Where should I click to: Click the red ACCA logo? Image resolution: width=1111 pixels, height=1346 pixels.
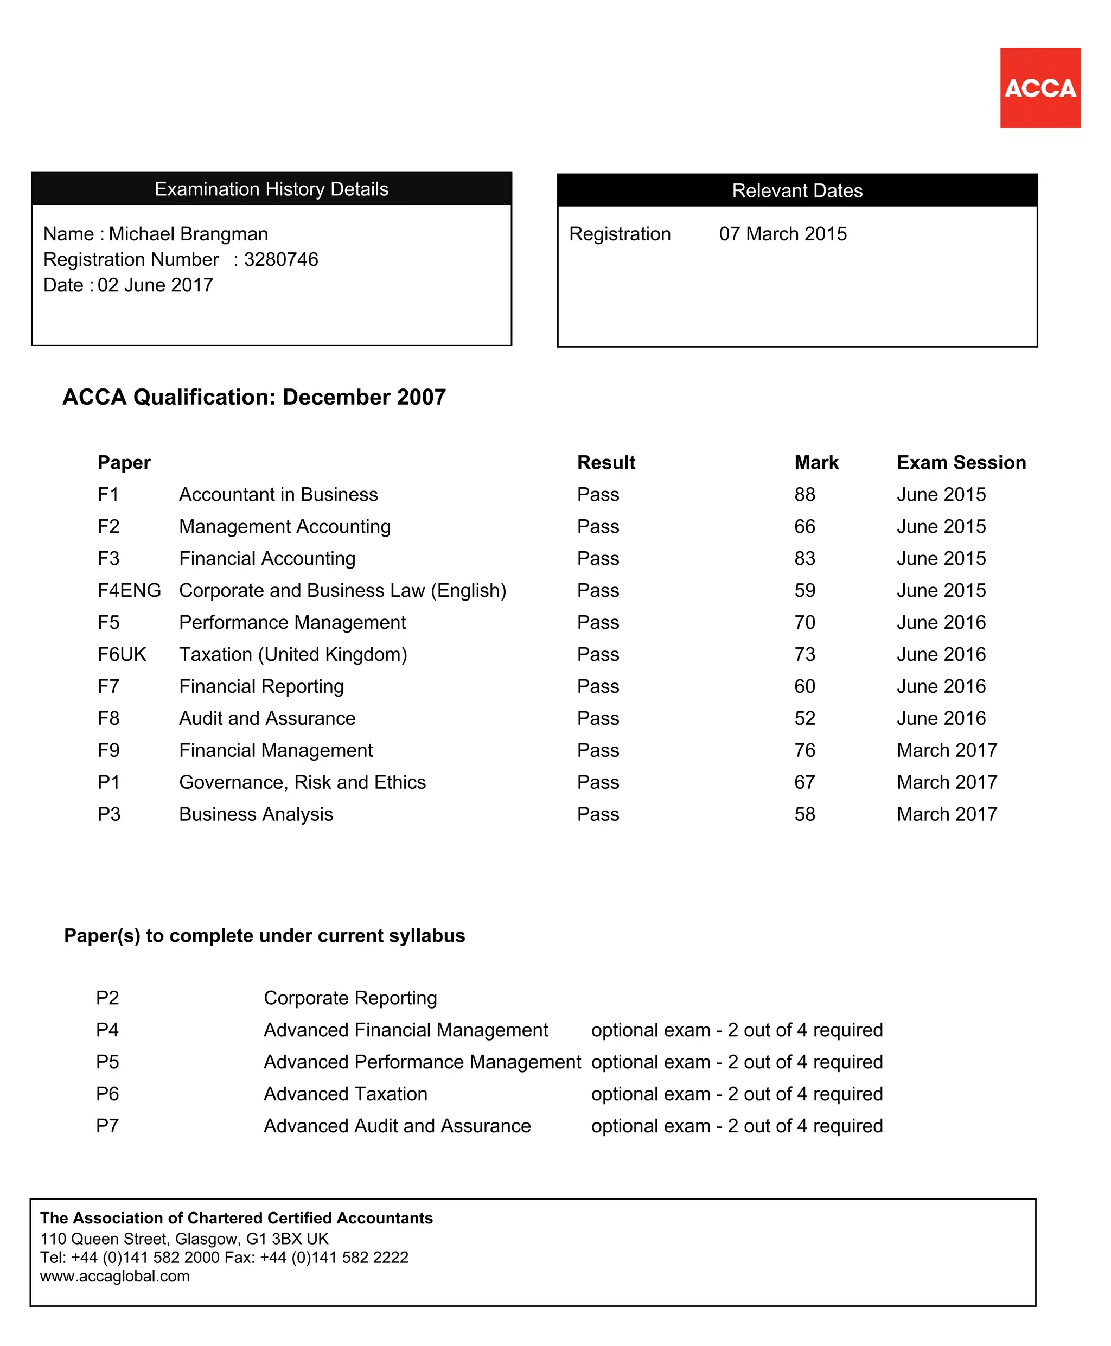point(1039,88)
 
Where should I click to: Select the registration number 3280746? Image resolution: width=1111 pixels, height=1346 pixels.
point(280,259)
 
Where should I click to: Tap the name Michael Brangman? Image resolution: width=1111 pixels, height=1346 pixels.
point(188,234)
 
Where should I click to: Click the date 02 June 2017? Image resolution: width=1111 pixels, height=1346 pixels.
point(155,285)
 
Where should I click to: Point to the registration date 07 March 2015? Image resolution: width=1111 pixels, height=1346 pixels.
point(782,234)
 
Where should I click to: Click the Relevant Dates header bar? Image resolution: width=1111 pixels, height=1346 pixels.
point(797,190)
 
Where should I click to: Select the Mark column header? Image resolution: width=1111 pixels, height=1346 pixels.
point(816,462)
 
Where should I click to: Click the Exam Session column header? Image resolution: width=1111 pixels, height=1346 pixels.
point(961,462)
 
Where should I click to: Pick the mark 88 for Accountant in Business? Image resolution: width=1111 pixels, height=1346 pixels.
point(804,494)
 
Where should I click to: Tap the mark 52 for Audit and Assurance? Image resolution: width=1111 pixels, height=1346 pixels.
point(804,718)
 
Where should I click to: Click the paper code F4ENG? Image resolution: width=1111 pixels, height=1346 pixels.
point(129,590)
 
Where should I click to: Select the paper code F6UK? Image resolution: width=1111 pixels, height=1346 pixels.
point(122,654)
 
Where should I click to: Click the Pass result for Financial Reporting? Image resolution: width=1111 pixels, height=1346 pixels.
point(598,686)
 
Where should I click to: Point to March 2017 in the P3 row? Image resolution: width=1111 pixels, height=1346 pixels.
point(947,814)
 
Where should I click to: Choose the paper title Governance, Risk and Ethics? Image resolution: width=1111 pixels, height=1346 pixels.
point(302,782)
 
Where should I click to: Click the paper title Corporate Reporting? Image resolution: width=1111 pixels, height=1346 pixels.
point(350,998)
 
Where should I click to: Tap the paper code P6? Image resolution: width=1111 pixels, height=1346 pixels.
point(107,1094)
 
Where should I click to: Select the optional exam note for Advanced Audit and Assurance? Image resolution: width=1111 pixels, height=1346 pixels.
point(737,1126)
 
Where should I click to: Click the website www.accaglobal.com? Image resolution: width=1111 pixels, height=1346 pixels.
point(114,1276)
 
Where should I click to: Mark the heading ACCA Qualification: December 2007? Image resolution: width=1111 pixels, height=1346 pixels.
point(254,397)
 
